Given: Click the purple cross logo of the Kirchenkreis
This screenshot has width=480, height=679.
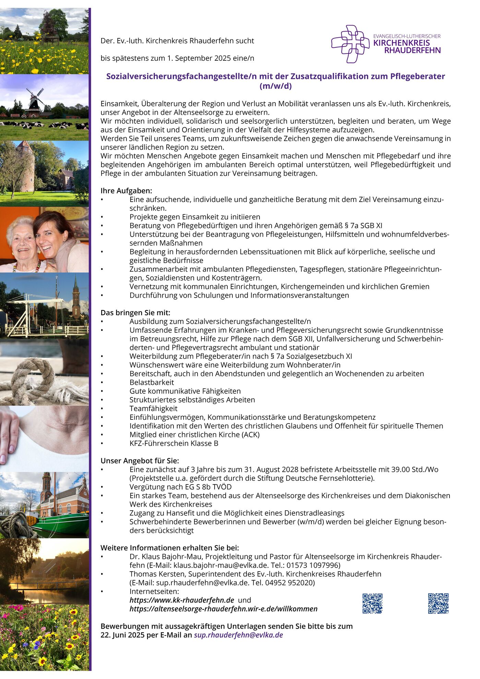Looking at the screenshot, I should click(x=350, y=44).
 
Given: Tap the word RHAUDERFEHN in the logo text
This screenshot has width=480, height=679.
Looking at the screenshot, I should click(x=412, y=50).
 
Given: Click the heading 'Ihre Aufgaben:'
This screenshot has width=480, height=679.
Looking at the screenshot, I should click(x=126, y=191).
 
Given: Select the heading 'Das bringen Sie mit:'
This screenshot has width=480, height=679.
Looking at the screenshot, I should click(x=135, y=313).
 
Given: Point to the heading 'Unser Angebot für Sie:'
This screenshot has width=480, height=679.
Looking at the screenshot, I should click(x=140, y=461).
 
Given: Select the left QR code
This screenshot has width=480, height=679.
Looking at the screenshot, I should click(x=372, y=603).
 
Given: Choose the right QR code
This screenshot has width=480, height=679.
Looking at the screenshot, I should click(x=438, y=603).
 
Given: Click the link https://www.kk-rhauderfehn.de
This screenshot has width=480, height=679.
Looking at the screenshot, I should click(x=182, y=600).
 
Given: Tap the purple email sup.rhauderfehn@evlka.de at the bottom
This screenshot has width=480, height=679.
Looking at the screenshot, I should click(x=238, y=635).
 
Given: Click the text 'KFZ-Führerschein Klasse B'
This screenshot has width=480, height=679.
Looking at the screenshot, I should click(x=174, y=443).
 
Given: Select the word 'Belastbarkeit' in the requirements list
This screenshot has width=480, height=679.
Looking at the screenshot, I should click(x=152, y=382).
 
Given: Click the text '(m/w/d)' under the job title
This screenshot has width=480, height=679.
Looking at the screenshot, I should click(x=275, y=86).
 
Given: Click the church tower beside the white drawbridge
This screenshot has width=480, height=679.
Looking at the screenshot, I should click(x=76, y=298).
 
